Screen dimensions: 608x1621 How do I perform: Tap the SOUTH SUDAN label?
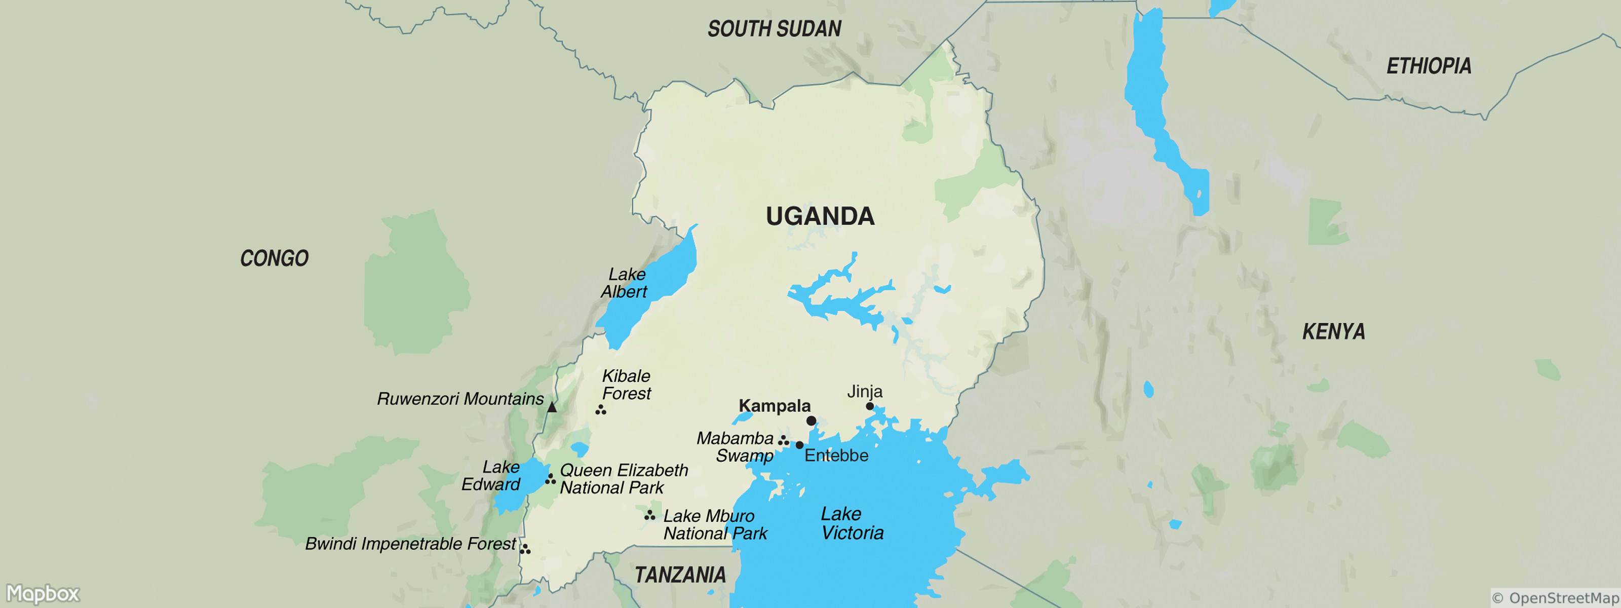(774, 29)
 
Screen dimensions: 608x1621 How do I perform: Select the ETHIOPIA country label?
(1429, 66)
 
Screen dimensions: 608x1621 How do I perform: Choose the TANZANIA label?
(680, 575)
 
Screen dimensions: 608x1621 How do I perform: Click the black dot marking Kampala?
(811, 421)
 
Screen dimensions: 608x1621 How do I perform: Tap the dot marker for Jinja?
(870, 406)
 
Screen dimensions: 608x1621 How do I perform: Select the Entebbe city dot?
(799, 445)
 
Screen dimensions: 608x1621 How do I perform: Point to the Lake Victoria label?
(852, 523)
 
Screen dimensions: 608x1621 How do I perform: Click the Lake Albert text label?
(624, 283)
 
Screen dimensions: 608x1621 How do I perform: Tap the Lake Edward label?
(491, 476)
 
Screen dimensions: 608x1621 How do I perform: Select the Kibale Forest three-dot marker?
(601, 410)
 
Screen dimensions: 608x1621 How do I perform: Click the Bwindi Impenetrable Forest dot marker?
(525, 549)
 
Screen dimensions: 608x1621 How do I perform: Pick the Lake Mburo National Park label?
(715, 524)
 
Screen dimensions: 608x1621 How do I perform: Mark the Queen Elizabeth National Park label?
(623, 479)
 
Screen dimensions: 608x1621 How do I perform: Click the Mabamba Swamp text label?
(736, 447)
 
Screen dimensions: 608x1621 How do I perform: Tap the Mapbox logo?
(43, 593)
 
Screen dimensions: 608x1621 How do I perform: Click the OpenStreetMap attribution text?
(1555, 598)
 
